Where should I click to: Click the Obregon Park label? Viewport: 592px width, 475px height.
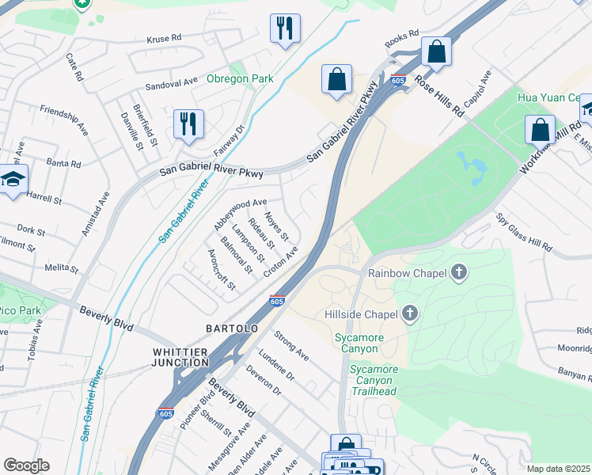point(240,78)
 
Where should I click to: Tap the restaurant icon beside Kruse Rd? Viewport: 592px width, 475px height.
point(284,28)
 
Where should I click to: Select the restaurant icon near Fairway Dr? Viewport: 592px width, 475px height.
point(188,123)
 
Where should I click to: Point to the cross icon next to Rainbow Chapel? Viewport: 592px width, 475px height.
point(458,273)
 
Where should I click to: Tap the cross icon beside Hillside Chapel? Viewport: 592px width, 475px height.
point(409,314)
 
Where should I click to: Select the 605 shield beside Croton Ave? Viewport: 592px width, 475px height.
point(276,301)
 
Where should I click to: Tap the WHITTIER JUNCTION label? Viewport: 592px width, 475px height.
point(180,357)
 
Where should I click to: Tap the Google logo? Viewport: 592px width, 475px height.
point(26,465)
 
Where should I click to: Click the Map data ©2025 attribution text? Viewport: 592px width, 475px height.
point(558,469)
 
